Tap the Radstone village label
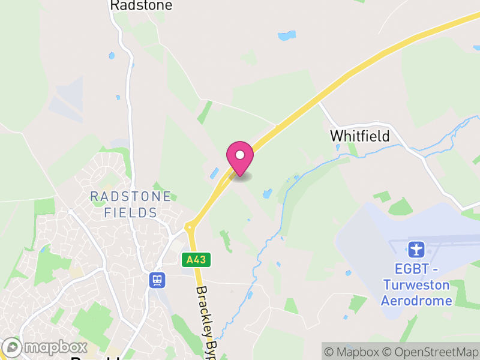[x=141, y=5]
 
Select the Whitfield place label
[x=359, y=136]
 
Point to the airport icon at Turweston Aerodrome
[x=416, y=248]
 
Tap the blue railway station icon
[x=158, y=280]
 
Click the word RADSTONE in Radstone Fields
[x=130, y=197]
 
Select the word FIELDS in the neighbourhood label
[x=130, y=212]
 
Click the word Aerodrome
[x=416, y=300]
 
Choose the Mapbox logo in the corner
[x=45, y=347]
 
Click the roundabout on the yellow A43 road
[x=190, y=227]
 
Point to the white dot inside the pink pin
[x=240, y=155]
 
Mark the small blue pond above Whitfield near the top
[x=287, y=35]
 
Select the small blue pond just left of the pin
[x=214, y=173]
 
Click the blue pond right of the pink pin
[x=267, y=193]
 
